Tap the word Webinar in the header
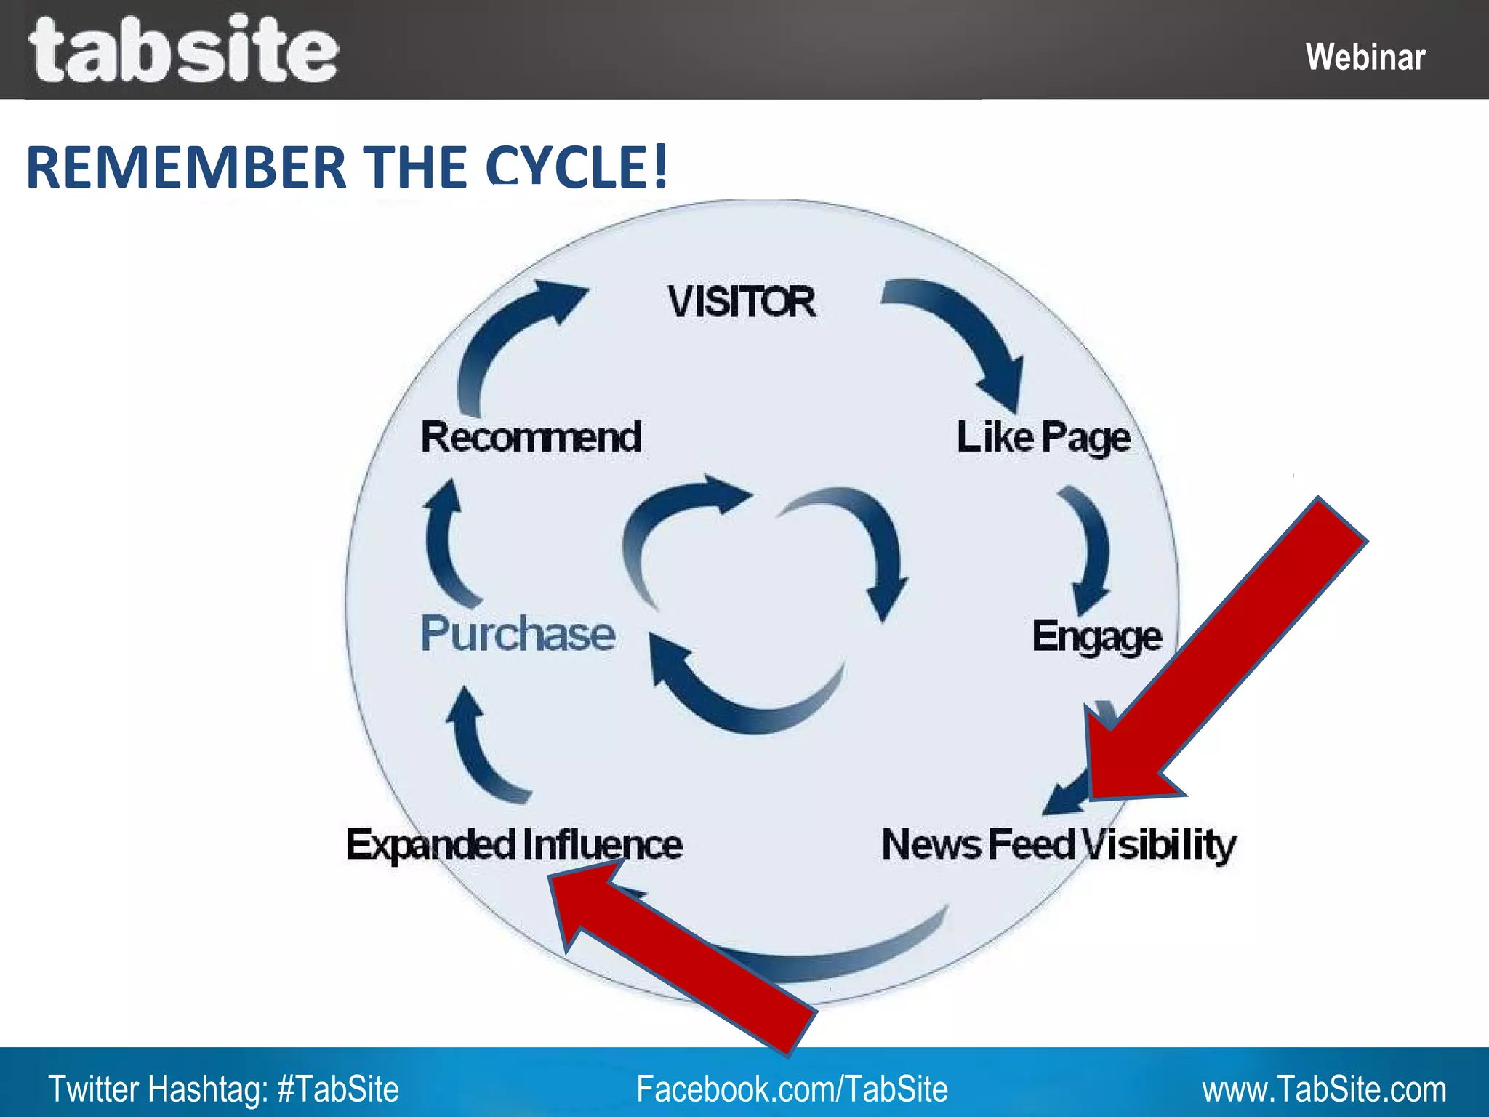tap(1365, 57)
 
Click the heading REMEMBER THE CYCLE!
tap(346, 167)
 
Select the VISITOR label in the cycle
tap(742, 302)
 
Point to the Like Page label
tap(1043, 438)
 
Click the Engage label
tap(1096, 637)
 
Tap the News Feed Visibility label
tap(1059, 845)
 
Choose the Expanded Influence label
tap(514, 845)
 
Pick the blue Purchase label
tap(518, 634)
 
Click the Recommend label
tap(531, 437)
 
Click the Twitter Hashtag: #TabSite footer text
tap(223, 1089)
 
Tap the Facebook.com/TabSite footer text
tap(792, 1089)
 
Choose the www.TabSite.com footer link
tap(1323, 1089)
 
